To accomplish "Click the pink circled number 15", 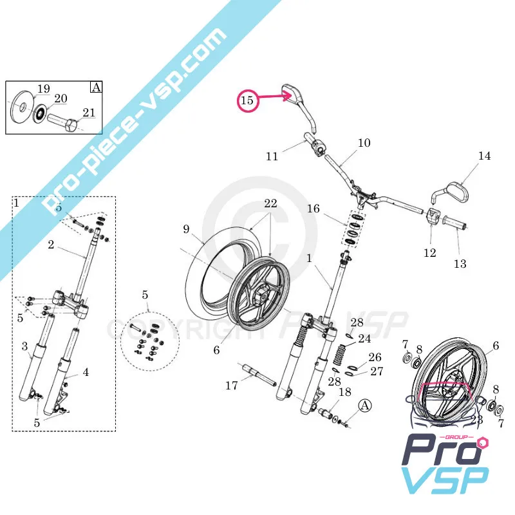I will click(x=248, y=100).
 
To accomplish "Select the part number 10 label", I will click(x=364, y=143).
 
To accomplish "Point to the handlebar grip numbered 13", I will click(x=455, y=226).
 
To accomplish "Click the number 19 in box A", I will click(x=43, y=89).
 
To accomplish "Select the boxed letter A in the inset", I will click(x=96, y=88).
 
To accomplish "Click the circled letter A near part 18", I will click(x=365, y=406).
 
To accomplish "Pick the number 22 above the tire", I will click(x=270, y=203).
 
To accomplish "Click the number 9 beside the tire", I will click(x=187, y=229).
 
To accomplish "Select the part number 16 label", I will click(x=314, y=209).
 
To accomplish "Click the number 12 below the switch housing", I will click(x=429, y=252).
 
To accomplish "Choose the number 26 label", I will click(x=375, y=357).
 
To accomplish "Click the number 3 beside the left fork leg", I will click(x=25, y=347).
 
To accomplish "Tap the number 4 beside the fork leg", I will click(x=86, y=372).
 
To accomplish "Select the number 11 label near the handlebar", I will click(x=272, y=156).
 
